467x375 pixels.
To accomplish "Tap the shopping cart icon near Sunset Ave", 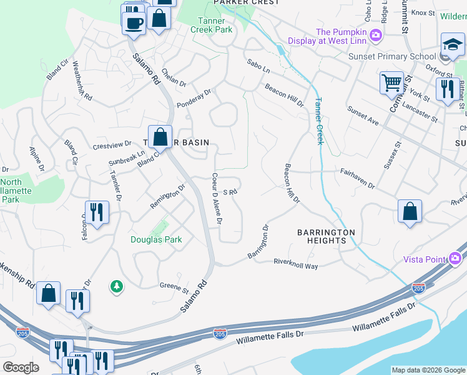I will (391, 82).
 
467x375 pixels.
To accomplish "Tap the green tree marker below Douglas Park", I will (116, 286).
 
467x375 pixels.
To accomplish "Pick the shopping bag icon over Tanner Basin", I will (160, 136).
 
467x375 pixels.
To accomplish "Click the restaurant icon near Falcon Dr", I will (97, 212).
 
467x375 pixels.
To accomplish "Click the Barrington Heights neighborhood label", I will (326, 236).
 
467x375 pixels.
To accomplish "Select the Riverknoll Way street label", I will (296, 265).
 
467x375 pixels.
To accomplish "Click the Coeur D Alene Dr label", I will (217, 199).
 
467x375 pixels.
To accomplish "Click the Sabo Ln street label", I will (258, 65).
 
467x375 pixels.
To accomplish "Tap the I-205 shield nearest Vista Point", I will (418, 288).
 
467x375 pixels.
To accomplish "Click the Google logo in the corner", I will (21, 367).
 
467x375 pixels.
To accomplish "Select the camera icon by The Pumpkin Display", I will (376, 34).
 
